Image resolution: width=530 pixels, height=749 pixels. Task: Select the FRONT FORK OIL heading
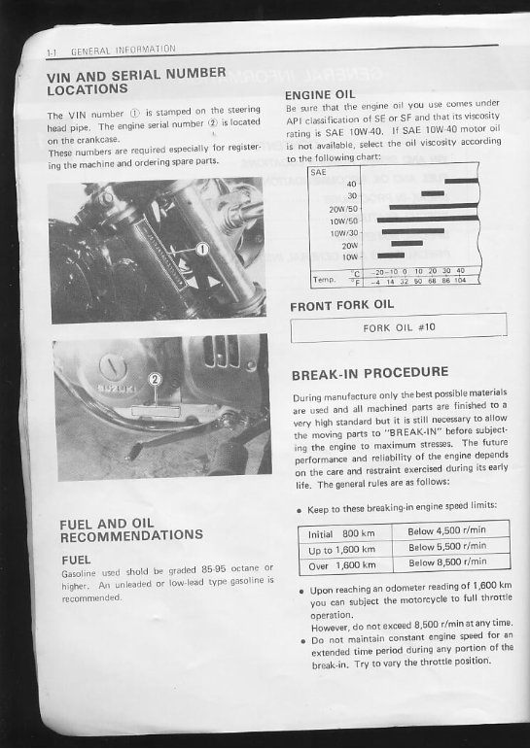342,305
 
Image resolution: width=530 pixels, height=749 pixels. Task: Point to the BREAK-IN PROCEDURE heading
370,371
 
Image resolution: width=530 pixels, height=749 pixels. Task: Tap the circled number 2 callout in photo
153,378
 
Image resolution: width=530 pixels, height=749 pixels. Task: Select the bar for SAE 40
460,181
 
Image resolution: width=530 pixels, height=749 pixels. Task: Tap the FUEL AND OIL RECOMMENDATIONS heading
131,529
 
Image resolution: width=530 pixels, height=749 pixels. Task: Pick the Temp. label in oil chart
323,278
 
